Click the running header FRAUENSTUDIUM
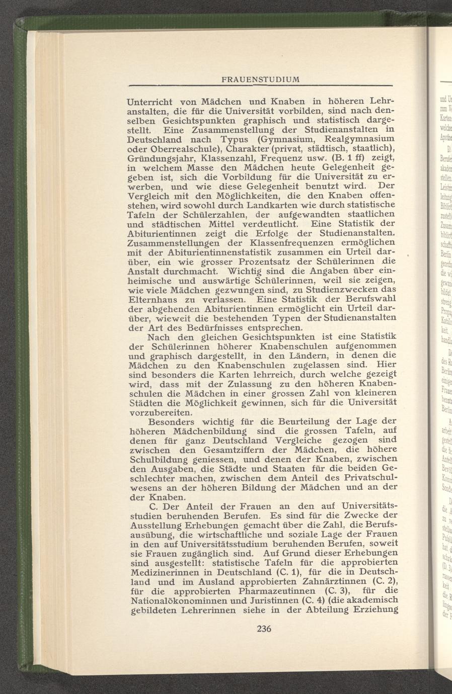pyautogui.click(x=262, y=79)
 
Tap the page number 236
pyautogui.click(x=264, y=628)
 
